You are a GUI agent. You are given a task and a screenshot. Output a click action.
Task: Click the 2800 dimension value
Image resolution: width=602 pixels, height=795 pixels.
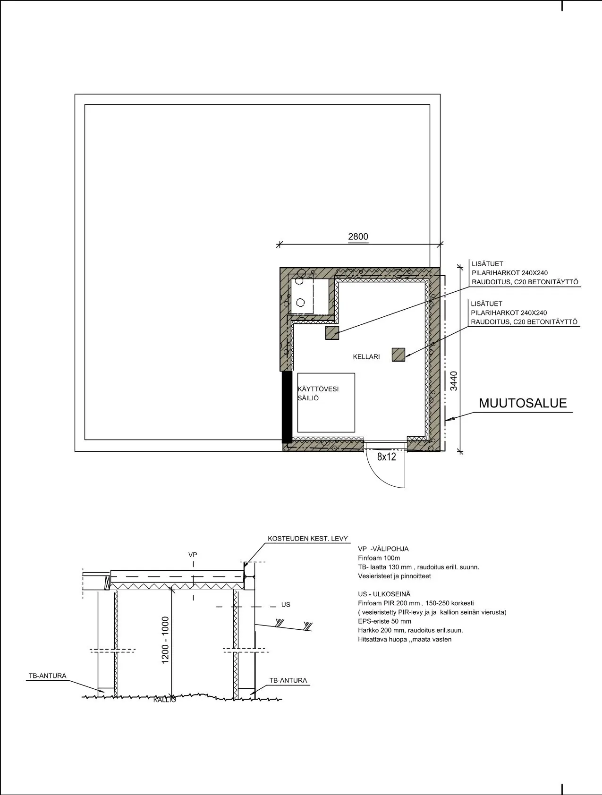[358, 237]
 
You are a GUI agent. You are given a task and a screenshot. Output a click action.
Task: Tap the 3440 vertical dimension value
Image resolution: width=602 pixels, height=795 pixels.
[454, 381]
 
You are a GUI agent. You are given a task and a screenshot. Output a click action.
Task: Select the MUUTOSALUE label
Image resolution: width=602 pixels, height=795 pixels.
[523, 403]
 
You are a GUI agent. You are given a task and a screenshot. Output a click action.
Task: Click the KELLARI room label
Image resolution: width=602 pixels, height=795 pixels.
[366, 357]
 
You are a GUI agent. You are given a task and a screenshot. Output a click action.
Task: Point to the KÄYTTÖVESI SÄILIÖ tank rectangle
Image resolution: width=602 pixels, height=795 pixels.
[326, 403]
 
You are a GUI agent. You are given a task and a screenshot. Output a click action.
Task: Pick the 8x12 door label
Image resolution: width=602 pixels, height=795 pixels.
[386, 457]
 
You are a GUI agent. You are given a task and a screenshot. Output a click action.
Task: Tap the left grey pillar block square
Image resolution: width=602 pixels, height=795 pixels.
[332, 333]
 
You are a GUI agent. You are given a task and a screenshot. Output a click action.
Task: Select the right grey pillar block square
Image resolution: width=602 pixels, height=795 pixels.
[399, 355]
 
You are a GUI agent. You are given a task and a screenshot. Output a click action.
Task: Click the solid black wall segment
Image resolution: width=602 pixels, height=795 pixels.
[287, 407]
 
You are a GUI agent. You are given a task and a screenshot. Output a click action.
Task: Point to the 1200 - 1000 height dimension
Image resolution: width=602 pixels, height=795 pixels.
[165, 640]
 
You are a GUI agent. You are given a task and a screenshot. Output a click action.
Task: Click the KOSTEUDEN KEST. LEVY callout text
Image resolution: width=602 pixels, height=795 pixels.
[307, 539]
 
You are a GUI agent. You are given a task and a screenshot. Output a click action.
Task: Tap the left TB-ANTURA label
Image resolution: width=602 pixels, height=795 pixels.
[47, 676]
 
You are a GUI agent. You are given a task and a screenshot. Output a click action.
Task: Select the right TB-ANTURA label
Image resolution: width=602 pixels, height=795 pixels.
[288, 681]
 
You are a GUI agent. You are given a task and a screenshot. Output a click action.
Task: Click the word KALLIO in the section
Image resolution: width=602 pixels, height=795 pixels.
[165, 700]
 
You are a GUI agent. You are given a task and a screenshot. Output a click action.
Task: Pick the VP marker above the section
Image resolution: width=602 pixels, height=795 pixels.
[193, 555]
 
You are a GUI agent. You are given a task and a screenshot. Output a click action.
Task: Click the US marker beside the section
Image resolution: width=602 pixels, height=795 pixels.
[286, 605]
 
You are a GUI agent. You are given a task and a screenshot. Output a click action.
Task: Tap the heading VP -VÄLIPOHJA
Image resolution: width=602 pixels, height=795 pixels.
[383, 549]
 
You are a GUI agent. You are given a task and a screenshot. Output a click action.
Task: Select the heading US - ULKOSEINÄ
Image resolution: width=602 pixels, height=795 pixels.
[384, 594]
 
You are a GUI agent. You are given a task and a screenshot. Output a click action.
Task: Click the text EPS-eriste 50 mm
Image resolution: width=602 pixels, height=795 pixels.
[384, 621]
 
